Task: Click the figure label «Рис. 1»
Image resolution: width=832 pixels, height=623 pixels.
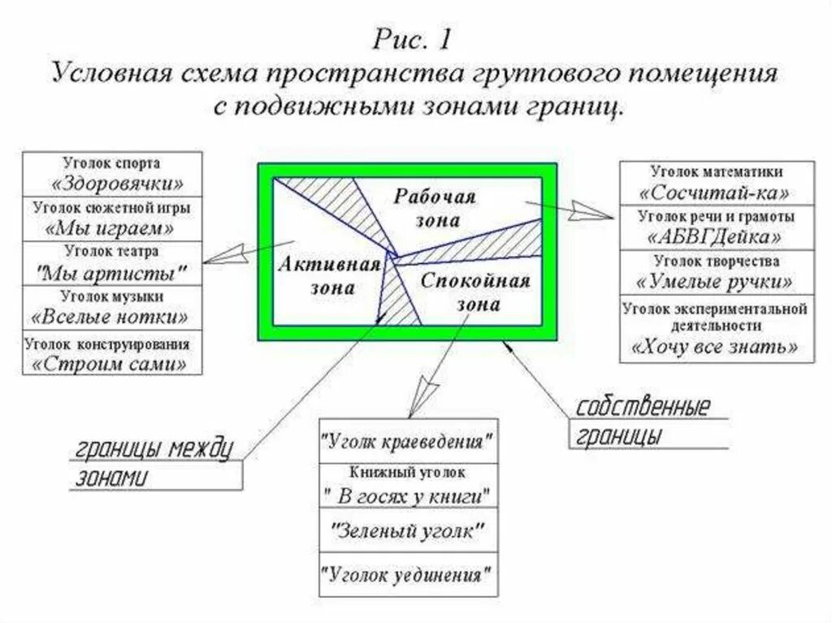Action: tap(415, 39)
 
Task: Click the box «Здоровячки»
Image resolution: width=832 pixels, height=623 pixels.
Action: tap(112, 172)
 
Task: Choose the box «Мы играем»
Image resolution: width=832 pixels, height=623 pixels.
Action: tap(112, 218)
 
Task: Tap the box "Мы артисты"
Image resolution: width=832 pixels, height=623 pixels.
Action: tap(112, 262)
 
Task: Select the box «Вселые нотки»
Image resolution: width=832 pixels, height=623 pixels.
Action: tap(112, 307)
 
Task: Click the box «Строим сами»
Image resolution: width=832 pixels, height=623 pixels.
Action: tap(112, 353)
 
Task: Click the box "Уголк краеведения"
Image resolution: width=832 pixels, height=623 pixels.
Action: tap(407, 442)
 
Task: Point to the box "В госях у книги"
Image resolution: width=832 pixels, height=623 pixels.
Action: tap(407, 485)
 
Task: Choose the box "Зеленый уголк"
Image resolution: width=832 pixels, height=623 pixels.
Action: tap(407, 531)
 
